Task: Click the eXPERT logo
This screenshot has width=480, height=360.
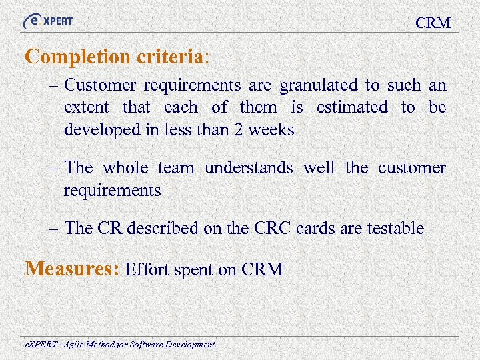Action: coord(48,21)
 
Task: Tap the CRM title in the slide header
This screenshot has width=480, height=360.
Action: coord(433,23)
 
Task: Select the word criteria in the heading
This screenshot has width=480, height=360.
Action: coord(170,57)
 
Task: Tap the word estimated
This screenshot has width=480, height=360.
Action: coord(351,107)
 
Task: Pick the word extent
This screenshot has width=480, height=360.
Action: coord(88,107)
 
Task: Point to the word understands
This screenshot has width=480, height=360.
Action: coord(249,168)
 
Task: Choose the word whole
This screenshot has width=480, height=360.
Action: coord(125,168)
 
